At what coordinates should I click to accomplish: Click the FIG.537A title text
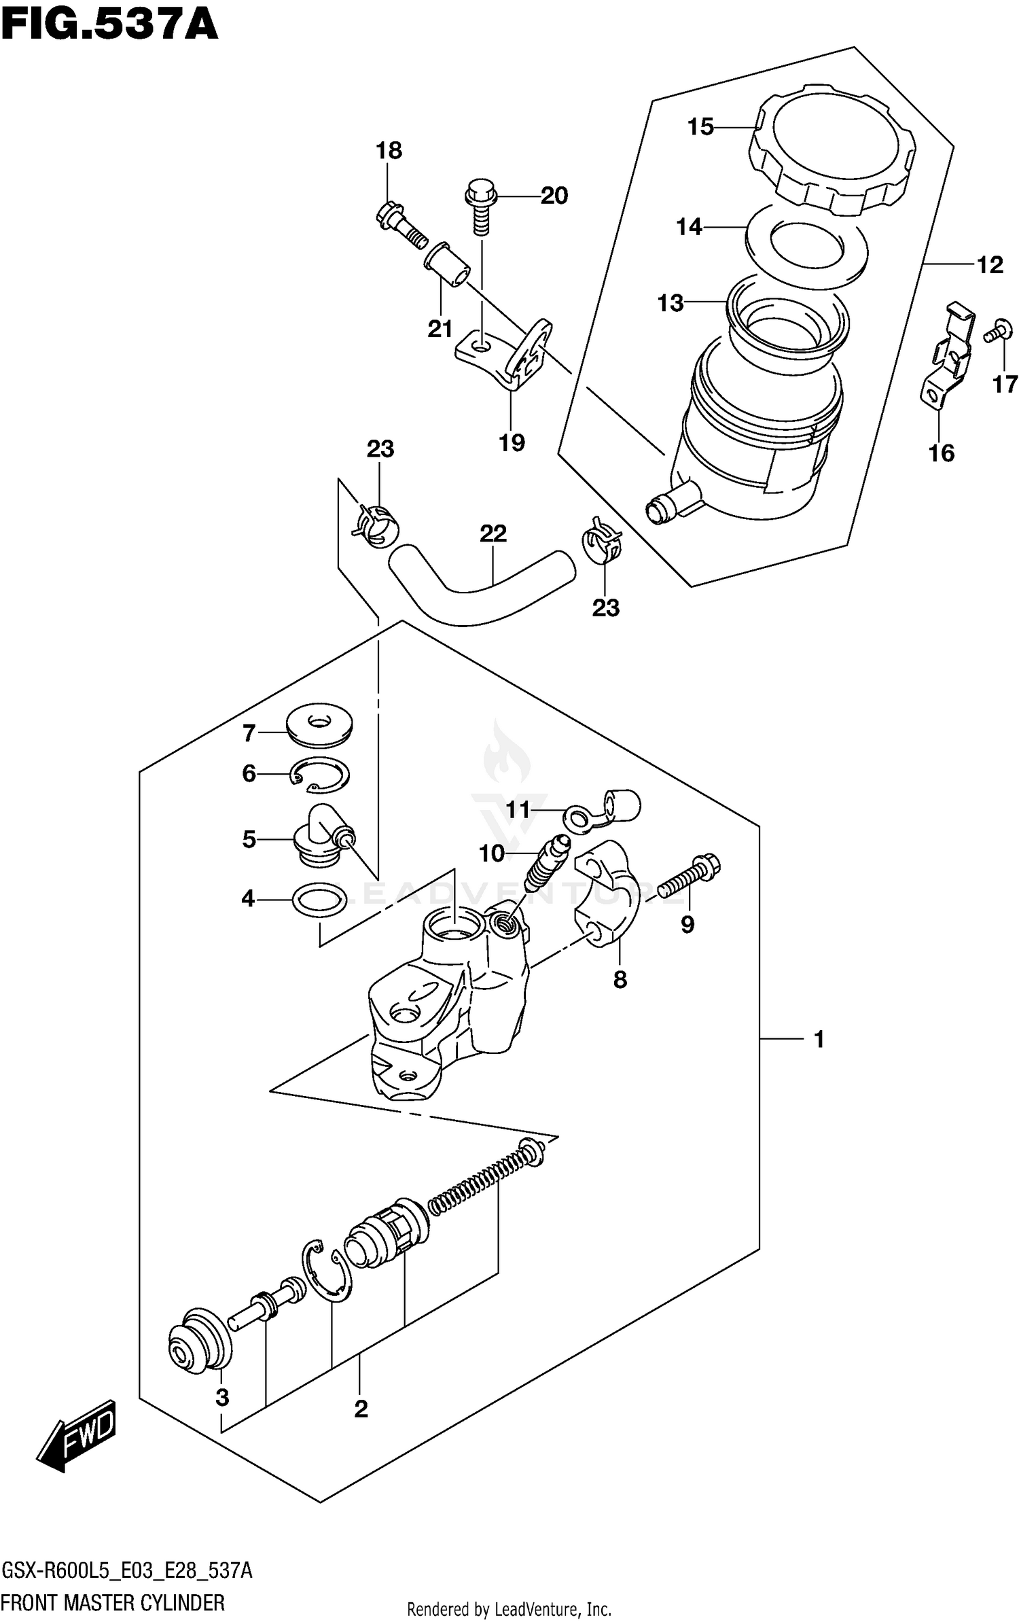pyautogui.click(x=109, y=26)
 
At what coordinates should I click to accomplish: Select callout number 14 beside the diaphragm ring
pyautogui.click(x=689, y=227)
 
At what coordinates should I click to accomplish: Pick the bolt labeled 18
pyautogui.click(x=400, y=223)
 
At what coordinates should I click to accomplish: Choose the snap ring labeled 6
pyautogui.click(x=320, y=775)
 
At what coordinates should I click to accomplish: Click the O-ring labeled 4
pyautogui.click(x=318, y=900)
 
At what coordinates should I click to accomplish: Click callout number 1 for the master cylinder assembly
pyautogui.click(x=819, y=1039)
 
